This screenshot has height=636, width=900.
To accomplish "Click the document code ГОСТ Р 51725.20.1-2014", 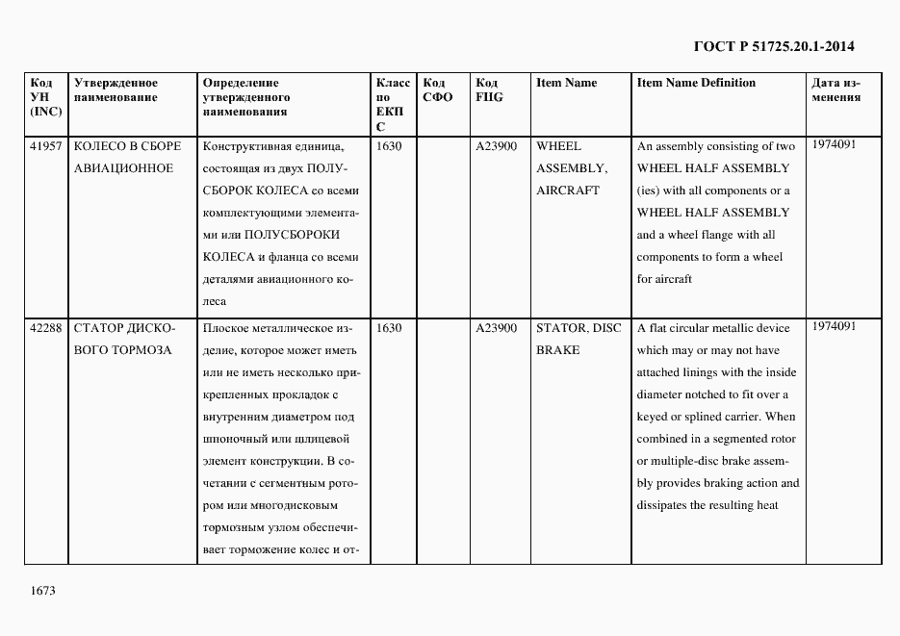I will point(773,46).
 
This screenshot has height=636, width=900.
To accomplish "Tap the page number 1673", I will point(43,590).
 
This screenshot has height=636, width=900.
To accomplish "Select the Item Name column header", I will point(566,83).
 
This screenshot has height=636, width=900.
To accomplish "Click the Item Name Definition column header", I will point(696,83).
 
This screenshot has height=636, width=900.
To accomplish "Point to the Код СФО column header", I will point(439,89).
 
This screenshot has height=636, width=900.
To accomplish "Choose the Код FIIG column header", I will point(489,89).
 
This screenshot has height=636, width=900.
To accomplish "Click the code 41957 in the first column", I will point(46,146).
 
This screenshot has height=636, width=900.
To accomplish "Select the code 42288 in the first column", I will point(46,328).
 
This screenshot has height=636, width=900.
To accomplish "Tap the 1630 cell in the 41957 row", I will point(389,146).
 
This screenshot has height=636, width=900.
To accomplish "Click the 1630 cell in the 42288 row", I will point(389,328).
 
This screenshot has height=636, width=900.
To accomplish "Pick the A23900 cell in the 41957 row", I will point(497,146).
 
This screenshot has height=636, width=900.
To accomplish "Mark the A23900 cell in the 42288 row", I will point(497,328).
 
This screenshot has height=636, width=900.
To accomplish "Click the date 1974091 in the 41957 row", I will point(834,144).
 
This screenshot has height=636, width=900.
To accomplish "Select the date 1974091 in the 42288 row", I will point(834,326).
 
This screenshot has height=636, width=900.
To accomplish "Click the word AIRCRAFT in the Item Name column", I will point(567,191).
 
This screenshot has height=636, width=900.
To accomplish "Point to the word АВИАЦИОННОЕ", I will point(123,168).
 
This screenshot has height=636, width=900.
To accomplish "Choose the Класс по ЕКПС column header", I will point(392,104).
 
